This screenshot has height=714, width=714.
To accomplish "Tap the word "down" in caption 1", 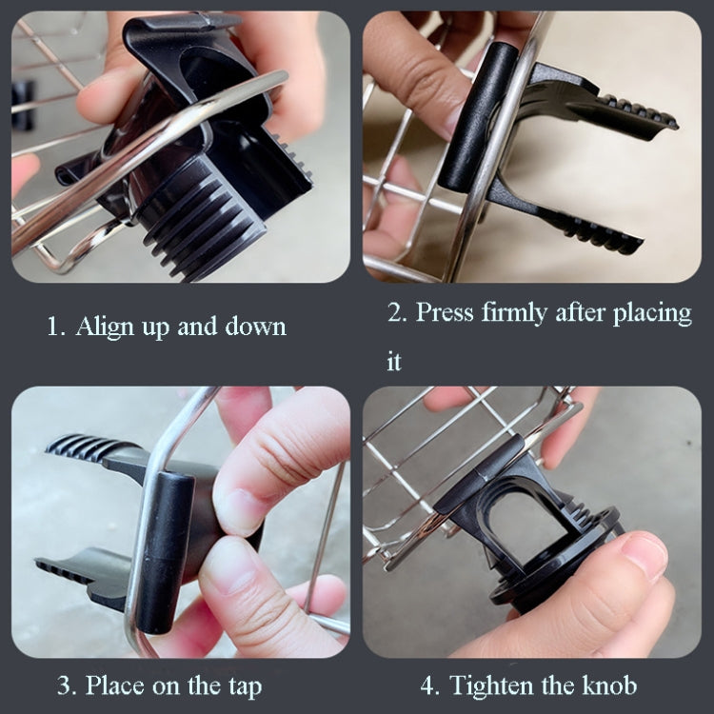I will click(x=255, y=327).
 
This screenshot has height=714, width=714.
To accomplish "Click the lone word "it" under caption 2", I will click(x=394, y=363).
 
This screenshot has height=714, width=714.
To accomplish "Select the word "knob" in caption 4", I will click(x=607, y=684).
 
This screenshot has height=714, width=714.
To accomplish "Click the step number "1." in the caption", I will click(x=56, y=327).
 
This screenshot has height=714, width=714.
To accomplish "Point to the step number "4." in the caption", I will click(x=429, y=684).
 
